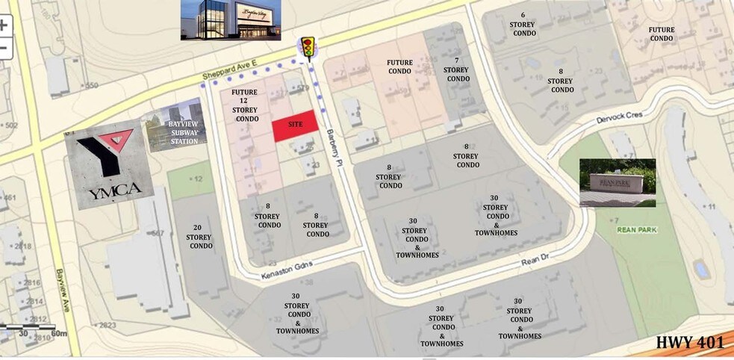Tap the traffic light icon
[307, 46]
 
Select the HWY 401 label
[690, 343]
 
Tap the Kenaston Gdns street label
[285, 270]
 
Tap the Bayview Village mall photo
[231, 19]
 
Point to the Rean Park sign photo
[617, 182]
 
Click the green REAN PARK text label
[637, 229]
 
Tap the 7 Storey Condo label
[456, 69]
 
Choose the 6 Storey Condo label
[523, 24]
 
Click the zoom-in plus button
[4, 24]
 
